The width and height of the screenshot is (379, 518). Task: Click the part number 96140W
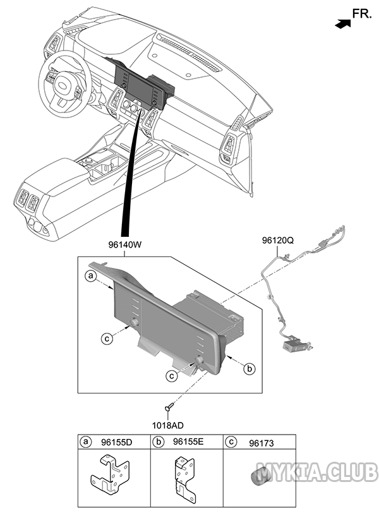[125, 245]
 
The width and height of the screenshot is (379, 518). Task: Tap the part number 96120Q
[278, 241]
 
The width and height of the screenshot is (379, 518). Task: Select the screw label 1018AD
[168, 426]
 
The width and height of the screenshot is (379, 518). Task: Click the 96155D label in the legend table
[117, 442]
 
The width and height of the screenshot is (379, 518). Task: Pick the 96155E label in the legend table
[188, 442]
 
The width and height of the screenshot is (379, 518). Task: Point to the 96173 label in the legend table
[262, 443]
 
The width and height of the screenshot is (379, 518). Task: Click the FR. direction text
[362, 14]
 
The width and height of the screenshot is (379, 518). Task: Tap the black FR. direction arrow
[342, 23]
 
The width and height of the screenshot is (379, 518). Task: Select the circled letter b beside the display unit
[250, 368]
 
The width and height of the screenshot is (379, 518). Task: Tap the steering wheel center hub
[63, 85]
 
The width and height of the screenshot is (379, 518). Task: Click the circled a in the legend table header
[85, 442]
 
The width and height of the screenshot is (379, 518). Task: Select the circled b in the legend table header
[159, 442]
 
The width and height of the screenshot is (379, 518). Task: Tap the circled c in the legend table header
[231, 442]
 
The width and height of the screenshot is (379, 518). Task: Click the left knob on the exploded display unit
[134, 323]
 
